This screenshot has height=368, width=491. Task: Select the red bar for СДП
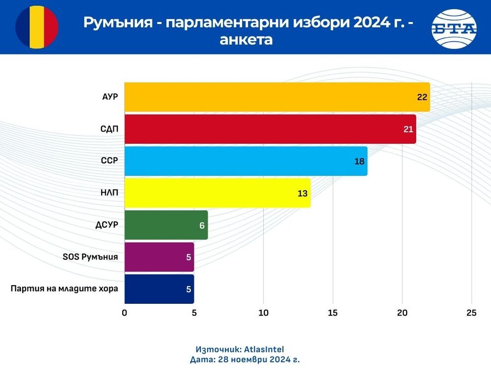pyautogui.click(x=270, y=129)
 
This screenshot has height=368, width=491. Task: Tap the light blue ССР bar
pyautogui.click(x=245, y=161)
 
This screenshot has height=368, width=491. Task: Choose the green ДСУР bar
pyautogui.click(x=166, y=225)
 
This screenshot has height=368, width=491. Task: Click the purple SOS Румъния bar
pyautogui.click(x=159, y=257)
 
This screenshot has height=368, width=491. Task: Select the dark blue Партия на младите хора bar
pyautogui.click(x=159, y=289)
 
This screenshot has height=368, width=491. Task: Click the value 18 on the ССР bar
pyautogui.click(x=359, y=161)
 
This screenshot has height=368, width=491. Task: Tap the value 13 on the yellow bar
pyautogui.click(x=302, y=193)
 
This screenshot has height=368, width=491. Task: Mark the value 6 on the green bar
pyautogui.click(x=202, y=225)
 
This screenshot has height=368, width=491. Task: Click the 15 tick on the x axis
pyautogui.click(x=333, y=314)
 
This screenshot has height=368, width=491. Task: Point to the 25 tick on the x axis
pyautogui.click(x=471, y=314)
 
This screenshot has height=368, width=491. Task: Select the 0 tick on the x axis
pyautogui.click(x=125, y=314)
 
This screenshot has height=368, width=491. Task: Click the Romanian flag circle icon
pyautogui.click(x=37, y=27)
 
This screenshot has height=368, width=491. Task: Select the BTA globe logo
pyautogui.click(x=454, y=28)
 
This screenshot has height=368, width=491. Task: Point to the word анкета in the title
pyautogui.click(x=246, y=39)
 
